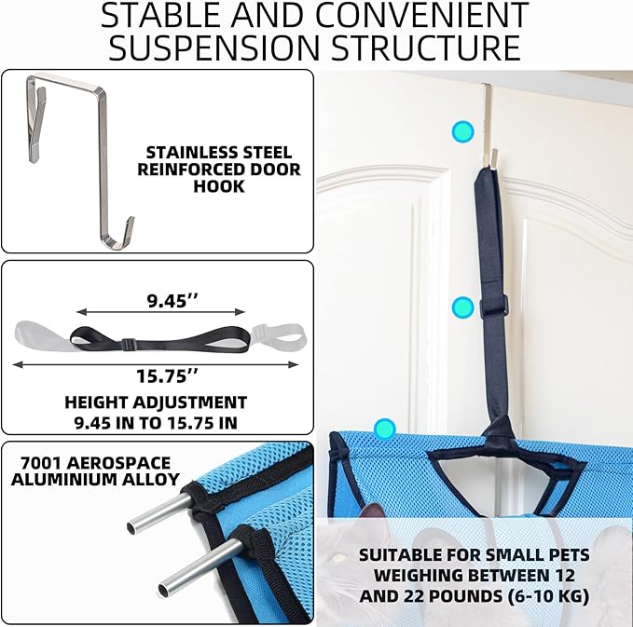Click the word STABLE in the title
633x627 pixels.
point(162,15)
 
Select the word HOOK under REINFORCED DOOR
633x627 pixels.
point(219,186)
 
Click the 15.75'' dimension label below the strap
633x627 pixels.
point(167,376)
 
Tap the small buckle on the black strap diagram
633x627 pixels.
point(129,344)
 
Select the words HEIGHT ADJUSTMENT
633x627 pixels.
point(156,402)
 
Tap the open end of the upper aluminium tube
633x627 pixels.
point(131,527)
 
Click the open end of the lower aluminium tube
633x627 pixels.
point(163,591)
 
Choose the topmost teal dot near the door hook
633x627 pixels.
point(462,131)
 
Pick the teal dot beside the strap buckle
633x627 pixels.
point(462,307)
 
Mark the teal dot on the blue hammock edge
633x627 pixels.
point(384,429)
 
